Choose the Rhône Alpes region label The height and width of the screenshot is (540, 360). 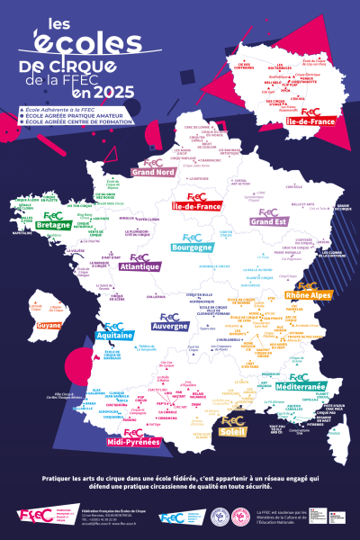308,294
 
